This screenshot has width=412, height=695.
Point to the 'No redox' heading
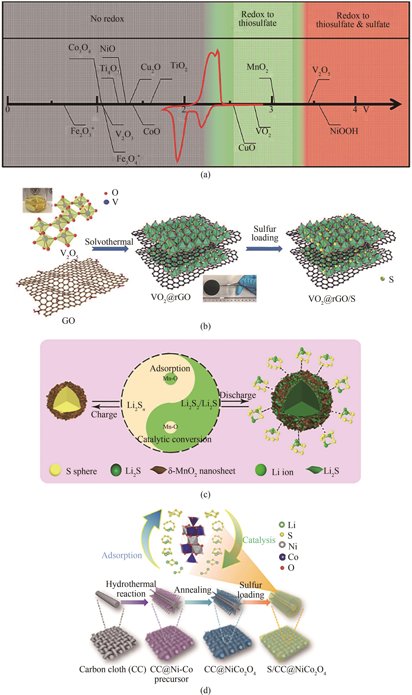click(107, 19)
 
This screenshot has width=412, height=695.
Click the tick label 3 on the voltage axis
click(271, 109)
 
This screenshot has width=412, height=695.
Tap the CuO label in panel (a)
click(246, 147)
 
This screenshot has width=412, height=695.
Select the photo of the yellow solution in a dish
click(37, 200)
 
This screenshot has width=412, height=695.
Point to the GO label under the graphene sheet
click(68, 321)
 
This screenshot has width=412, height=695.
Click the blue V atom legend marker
click(106, 202)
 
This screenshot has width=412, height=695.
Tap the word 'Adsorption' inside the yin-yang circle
click(170, 369)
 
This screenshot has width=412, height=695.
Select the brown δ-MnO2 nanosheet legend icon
click(159, 470)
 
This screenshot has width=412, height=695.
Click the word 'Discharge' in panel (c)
click(238, 395)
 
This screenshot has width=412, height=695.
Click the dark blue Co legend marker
click(282, 557)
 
